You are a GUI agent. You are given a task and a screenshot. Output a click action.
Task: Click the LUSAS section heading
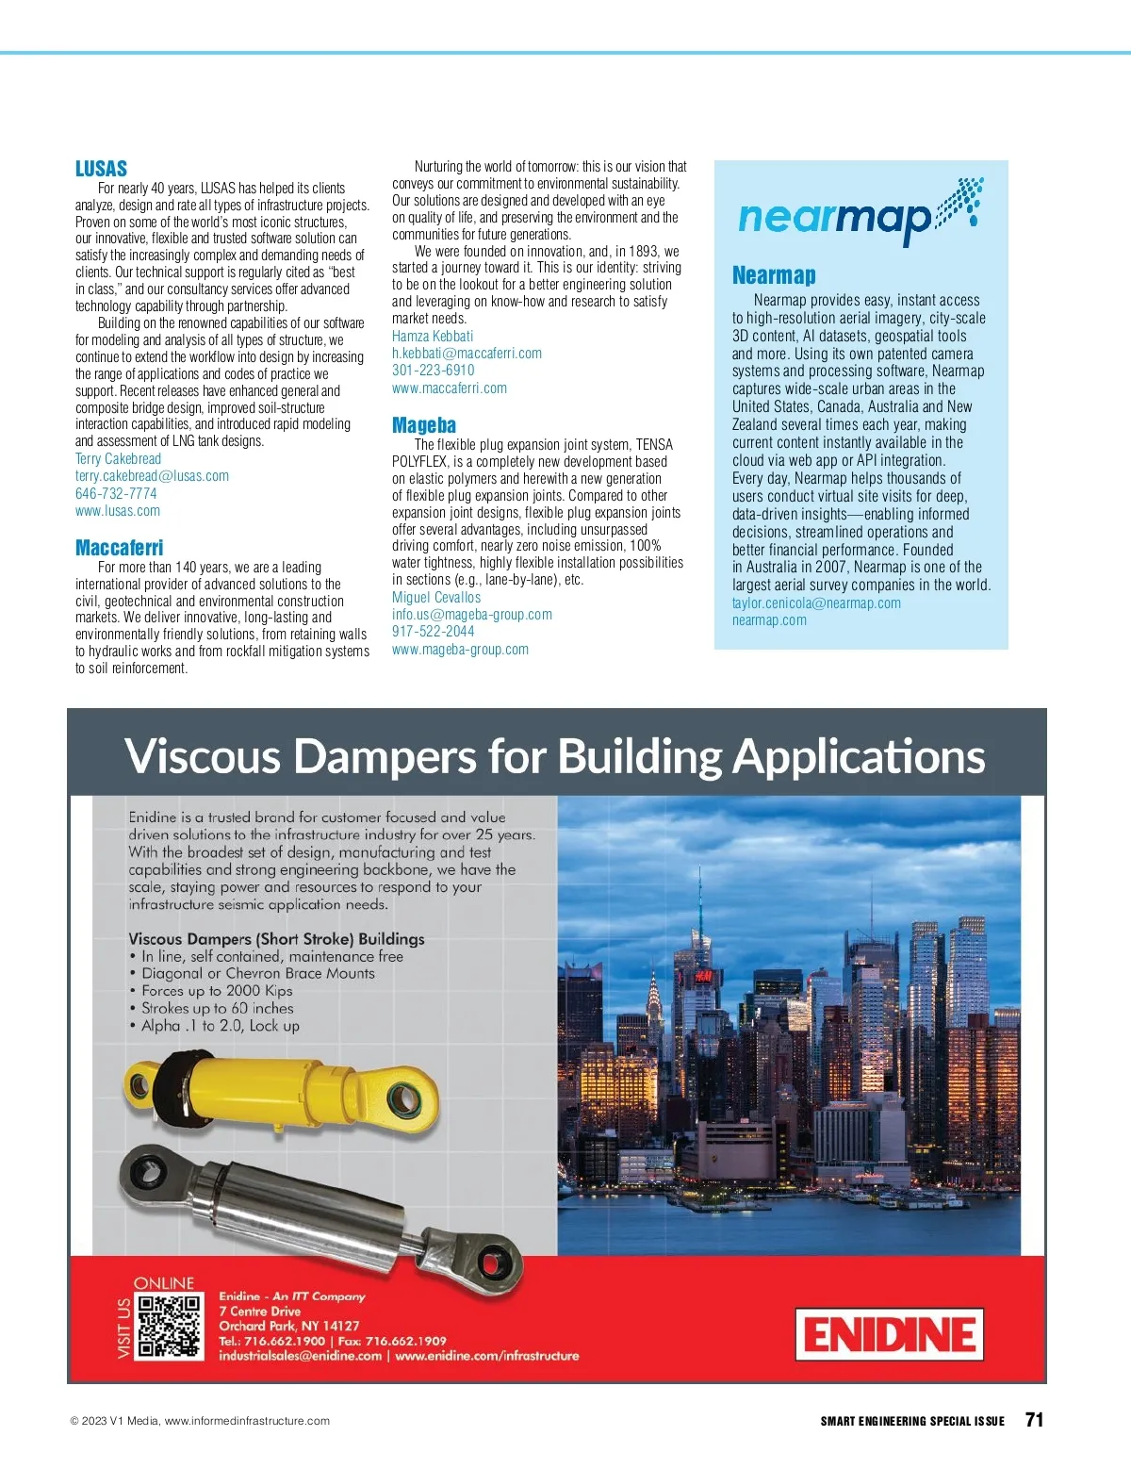coord(101,169)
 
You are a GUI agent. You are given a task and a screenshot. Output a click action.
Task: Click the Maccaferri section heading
coord(119,548)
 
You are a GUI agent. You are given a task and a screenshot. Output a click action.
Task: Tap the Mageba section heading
coord(423,425)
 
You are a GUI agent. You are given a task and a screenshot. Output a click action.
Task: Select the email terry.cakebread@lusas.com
coord(152,476)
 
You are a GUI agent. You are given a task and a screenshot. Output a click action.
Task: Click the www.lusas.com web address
coord(118,511)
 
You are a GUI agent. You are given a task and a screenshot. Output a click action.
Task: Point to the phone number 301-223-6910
coord(433,371)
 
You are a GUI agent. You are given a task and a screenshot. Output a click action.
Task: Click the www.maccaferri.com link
coord(449,388)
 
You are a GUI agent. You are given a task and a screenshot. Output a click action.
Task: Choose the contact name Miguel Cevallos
coord(436,598)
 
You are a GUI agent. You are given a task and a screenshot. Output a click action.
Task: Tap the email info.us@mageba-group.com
coord(472,615)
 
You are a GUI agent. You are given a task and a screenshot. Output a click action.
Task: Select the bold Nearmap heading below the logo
coord(774,275)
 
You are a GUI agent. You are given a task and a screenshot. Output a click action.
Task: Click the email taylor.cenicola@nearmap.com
coord(816,603)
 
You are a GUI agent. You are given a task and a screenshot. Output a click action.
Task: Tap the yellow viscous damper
coord(283,1093)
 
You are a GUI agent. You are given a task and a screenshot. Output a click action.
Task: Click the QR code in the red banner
coord(171,1326)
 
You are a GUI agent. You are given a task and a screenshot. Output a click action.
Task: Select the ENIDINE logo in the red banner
coord(889,1334)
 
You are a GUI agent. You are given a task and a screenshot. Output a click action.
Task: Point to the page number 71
coord(1034,1420)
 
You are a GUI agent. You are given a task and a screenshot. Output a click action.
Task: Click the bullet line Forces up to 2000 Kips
coord(217,991)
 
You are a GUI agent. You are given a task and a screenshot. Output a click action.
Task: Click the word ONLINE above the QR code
coord(164,1283)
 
